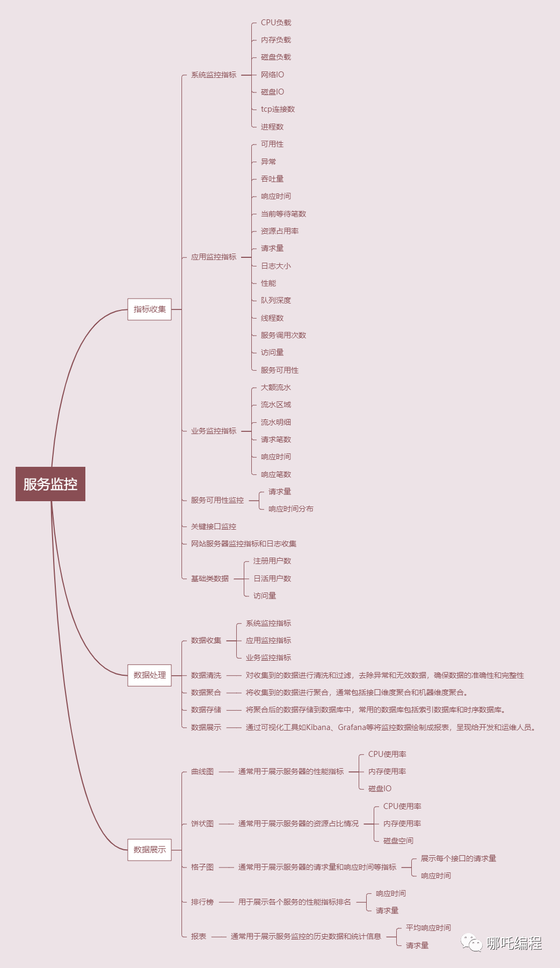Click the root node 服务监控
[50, 484]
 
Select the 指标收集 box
[149, 309]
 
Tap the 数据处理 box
[149, 675]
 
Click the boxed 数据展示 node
[149, 850]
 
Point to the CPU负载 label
[276, 23]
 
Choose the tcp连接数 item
[278, 110]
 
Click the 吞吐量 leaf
[272, 179]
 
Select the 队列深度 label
[276, 300]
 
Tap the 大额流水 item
[276, 387]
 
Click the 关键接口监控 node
[214, 526]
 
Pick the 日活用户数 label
[272, 579]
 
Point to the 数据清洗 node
[206, 675]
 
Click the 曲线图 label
[202, 771]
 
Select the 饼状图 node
[202, 823]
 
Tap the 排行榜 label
[202, 902]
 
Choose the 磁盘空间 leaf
[398, 841]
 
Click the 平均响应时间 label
[428, 928]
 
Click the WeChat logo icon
[471, 943]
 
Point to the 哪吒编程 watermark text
[514, 943]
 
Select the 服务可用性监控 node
[217, 500]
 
